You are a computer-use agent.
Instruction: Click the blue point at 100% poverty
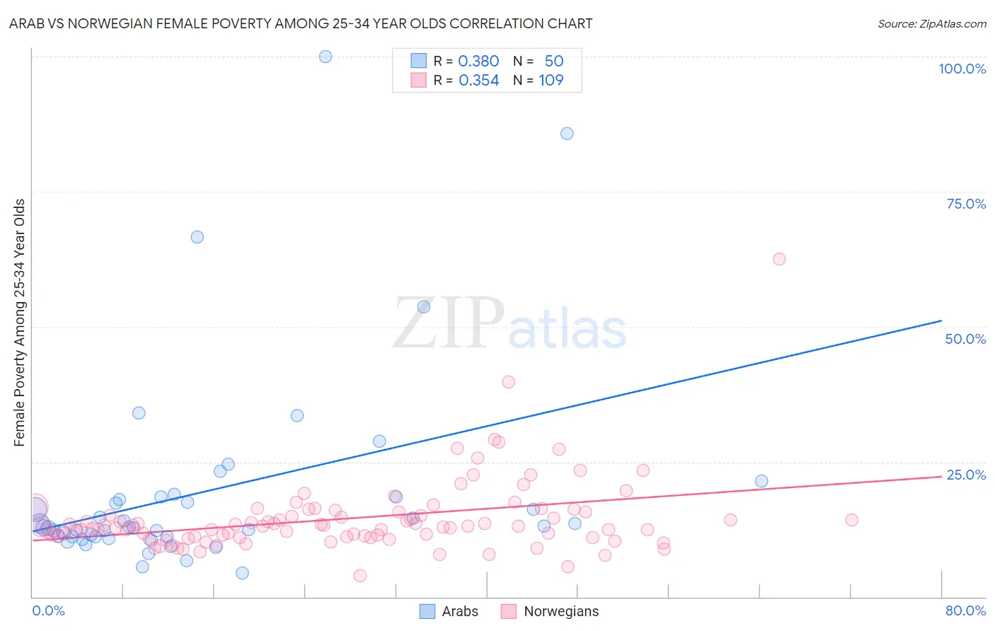[x=326, y=57]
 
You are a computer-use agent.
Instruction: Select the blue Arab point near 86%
[x=567, y=134]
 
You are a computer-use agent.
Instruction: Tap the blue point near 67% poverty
[x=197, y=237]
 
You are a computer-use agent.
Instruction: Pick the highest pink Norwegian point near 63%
[x=779, y=259]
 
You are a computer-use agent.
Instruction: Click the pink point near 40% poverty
[x=508, y=382]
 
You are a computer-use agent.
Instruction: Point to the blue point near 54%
[x=424, y=307]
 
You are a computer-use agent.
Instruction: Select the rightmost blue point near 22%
[x=761, y=481]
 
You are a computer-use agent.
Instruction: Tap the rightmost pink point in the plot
[x=851, y=520]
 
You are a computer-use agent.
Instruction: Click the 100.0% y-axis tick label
[x=962, y=69]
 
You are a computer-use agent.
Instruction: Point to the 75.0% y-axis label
[x=966, y=204]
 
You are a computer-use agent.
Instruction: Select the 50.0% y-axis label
[x=965, y=339]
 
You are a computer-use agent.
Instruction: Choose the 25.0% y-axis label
[x=966, y=475]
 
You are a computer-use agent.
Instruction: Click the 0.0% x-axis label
[x=48, y=610]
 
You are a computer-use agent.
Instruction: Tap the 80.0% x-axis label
[x=965, y=610]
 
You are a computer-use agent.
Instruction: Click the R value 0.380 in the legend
[x=478, y=62]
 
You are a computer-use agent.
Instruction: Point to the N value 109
[x=551, y=81]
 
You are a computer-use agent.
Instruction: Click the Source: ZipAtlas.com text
[x=931, y=23]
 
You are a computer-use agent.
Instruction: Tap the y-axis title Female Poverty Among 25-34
[x=19, y=323]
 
